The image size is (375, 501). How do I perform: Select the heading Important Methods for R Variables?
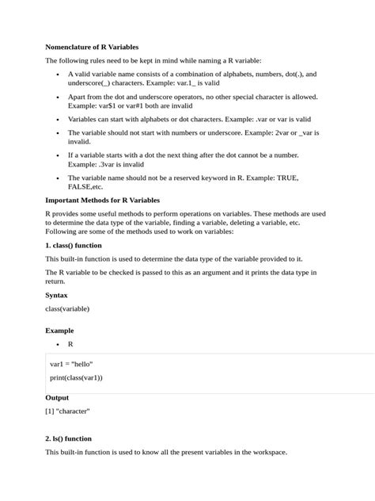102,201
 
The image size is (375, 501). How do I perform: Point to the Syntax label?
57,295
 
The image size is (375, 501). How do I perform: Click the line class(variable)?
67,308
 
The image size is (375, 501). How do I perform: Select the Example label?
59,330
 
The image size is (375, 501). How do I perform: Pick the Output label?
57,397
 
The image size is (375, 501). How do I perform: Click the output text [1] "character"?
68,411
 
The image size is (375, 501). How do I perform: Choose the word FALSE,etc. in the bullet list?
85,187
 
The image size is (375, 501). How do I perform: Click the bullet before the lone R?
59,345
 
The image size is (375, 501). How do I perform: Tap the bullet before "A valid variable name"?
59,74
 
